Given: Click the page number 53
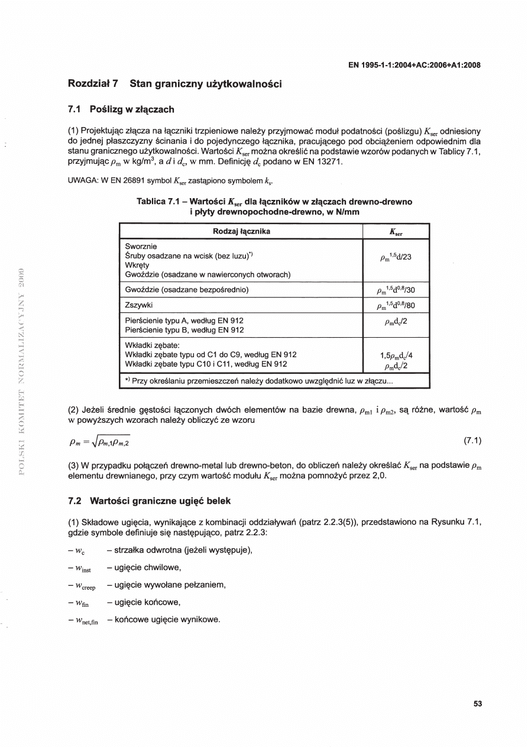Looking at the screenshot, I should [x=478, y=704].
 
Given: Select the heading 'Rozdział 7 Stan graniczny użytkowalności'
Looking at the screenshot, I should [x=175, y=84].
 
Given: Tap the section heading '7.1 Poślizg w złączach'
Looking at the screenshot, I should [x=121, y=109].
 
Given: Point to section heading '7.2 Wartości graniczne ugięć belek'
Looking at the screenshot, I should [x=150, y=501].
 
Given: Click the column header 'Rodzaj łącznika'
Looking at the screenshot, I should [x=241, y=231].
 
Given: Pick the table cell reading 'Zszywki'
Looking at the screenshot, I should [x=140, y=305].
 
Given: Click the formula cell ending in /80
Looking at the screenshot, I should [x=396, y=305].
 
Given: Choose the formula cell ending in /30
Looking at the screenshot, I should [x=396, y=290].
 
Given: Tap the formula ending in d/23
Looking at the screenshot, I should [x=396, y=258].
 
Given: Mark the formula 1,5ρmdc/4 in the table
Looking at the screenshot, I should [x=396, y=355].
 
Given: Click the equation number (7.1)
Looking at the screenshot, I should [x=471, y=440].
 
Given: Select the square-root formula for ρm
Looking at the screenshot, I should [x=100, y=441].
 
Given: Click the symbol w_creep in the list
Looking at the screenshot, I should [x=85, y=586].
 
